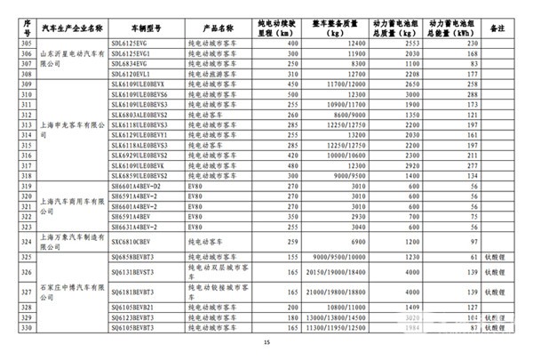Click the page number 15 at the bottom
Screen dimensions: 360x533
pyautogui.click(x=266, y=342)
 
